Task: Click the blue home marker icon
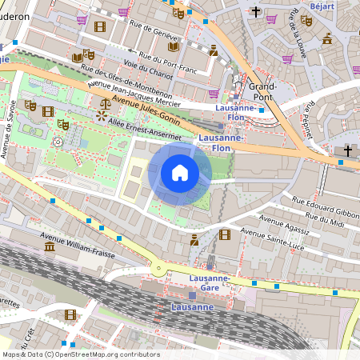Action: (x=180, y=173)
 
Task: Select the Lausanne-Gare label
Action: (x=210, y=282)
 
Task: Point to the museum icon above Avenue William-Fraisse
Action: (x=50, y=247)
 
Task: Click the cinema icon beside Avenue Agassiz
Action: (x=224, y=234)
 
